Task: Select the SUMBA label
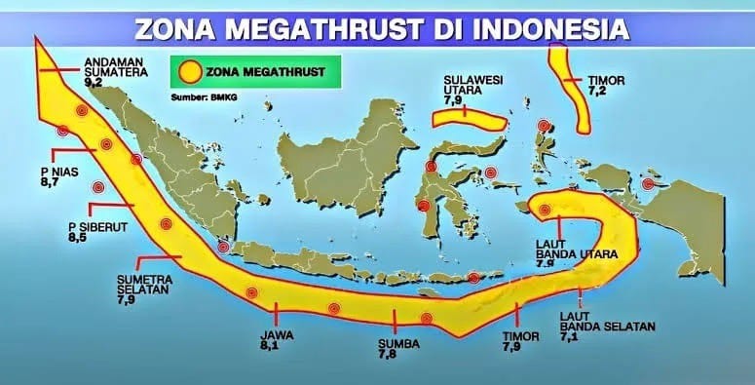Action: (x=396, y=344)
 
